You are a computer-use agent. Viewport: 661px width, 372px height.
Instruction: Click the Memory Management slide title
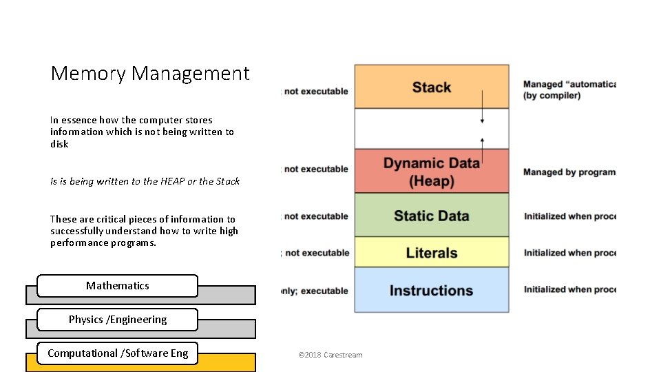tap(149, 73)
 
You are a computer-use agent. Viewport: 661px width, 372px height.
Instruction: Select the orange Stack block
tap(431, 87)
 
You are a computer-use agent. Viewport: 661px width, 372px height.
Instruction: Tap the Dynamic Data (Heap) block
tap(431, 172)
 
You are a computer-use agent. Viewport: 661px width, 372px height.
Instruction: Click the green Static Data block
tap(431, 216)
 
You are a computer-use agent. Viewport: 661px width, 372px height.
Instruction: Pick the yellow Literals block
tap(431, 253)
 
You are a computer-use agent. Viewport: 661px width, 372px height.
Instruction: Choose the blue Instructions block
tap(431, 290)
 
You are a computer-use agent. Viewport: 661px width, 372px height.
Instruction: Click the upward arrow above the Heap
tap(482, 148)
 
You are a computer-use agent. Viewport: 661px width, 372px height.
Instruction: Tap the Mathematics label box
tap(117, 285)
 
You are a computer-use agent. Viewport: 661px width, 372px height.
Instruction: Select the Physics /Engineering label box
tap(117, 320)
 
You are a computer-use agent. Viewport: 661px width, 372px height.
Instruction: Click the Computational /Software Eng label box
tap(117, 353)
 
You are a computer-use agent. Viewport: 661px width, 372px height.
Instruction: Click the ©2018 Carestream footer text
tap(330, 355)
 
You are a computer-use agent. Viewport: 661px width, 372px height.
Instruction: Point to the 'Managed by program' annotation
tap(569, 172)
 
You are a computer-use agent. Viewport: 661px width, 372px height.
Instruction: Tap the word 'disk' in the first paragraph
tap(59, 144)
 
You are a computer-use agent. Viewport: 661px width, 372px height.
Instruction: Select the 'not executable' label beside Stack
tap(315, 91)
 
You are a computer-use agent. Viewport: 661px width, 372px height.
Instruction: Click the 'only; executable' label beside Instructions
tap(315, 291)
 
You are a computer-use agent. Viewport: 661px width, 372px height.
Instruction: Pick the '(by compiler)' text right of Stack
tap(552, 96)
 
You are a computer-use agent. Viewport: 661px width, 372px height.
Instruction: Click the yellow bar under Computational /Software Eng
tap(227, 362)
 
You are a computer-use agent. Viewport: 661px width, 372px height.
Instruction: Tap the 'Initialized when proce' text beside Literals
tap(569, 253)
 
